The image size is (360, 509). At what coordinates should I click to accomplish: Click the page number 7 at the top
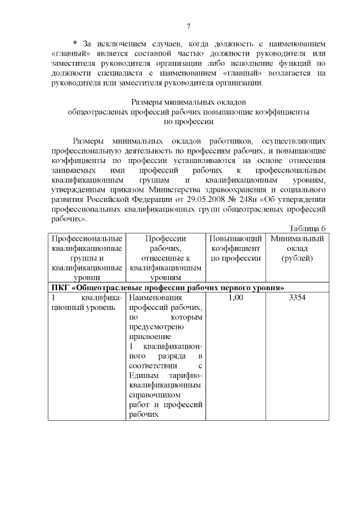(188, 26)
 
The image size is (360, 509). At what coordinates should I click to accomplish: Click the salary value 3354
(297, 298)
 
